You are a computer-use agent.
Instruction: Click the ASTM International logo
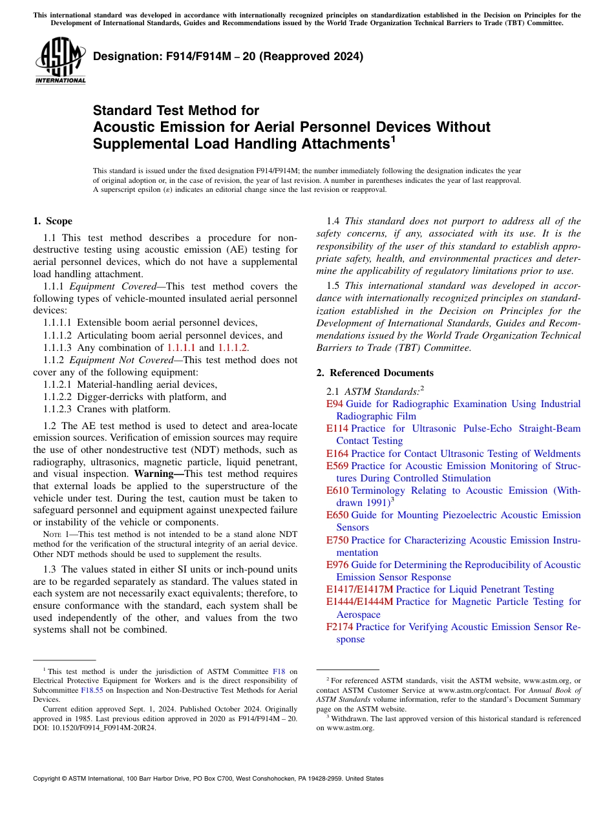[60, 61]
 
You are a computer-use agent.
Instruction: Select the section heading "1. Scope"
[52, 221]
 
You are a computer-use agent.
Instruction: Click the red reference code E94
[334, 404]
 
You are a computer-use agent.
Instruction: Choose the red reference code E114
[337, 428]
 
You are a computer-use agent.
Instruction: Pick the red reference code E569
[337, 466]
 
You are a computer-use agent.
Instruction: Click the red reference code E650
[337, 515]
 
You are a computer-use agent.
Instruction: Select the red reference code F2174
[340, 627]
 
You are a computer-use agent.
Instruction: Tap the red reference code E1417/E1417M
[359, 589]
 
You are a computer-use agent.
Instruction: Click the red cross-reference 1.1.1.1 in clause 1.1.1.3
[181, 348]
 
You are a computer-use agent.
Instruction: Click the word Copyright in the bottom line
[49, 779]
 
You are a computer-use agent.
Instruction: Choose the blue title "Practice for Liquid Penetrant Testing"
[475, 589]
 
